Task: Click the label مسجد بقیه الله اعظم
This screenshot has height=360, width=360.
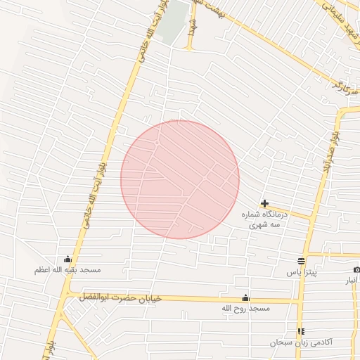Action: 68,269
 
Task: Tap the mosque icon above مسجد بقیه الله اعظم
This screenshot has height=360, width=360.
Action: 67,259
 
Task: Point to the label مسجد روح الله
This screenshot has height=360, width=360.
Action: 245,308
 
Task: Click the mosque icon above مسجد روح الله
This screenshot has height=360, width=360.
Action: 245,297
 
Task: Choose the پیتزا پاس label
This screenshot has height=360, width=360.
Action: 302,271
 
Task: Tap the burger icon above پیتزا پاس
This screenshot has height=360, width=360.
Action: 301,261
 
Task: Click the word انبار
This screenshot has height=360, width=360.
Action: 351,281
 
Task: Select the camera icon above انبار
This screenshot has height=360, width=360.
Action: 356,270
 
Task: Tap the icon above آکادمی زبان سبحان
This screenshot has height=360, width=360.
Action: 301,331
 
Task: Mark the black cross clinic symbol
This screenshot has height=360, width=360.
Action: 264,203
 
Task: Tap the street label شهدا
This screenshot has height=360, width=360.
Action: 191,26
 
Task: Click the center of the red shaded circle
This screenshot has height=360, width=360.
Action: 180,179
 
